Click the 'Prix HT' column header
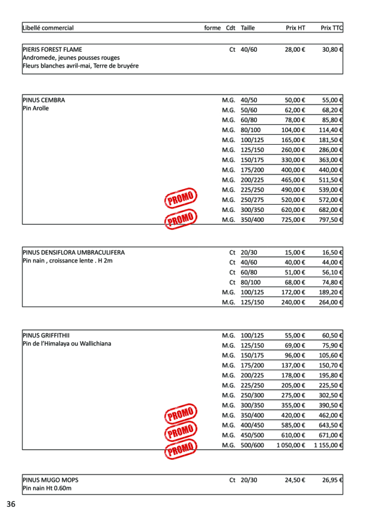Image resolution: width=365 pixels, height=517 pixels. (x=295, y=28)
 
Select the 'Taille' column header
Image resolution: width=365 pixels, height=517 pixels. (x=248, y=28)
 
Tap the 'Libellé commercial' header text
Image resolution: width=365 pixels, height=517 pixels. (x=48, y=28)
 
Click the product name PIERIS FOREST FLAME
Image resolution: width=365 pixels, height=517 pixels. (x=52, y=50)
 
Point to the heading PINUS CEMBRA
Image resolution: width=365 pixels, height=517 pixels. (x=44, y=100)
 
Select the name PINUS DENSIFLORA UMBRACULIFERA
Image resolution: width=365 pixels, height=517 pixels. (x=73, y=253)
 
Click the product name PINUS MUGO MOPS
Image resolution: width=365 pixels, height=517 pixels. (x=51, y=480)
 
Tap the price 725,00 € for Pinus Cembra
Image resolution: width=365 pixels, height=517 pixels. (x=293, y=220)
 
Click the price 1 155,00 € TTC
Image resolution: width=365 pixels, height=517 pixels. (x=328, y=445)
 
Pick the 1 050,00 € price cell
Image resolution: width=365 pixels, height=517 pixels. (x=291, y=445)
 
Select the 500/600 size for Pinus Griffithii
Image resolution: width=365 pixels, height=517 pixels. (x=252, y=445)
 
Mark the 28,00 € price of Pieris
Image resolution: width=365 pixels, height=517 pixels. (x=295, y=50)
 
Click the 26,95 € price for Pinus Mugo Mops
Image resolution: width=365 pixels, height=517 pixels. (x=333, y=480)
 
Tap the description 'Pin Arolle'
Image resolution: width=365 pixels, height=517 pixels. (x=36, y=109)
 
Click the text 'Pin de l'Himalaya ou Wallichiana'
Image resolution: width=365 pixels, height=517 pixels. (x=67, y=344)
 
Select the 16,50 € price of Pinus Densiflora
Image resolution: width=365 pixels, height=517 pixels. (x=333, y=253)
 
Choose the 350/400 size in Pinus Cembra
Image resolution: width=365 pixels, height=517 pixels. (x=252, y=220)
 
